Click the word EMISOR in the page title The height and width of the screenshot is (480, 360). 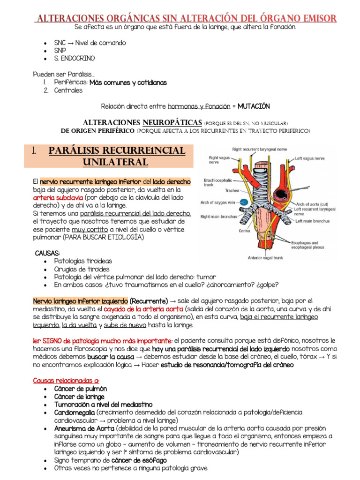tap(313, 18)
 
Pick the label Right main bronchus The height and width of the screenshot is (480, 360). tap(219, 217)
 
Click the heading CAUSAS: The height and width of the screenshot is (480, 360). tap(47, 253)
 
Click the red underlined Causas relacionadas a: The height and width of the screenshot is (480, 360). tap(66, 381)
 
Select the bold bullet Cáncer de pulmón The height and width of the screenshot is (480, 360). tap(80, 389)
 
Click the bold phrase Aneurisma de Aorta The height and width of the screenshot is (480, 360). tap(84, 428)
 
